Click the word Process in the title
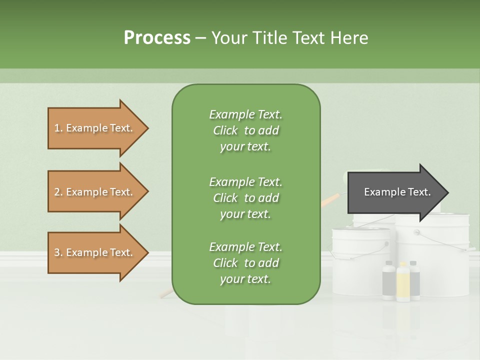click(x=157, y=38)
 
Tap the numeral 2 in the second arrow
click(x=57, y=192)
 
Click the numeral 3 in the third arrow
click(x=57, y=252)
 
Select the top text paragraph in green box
click(x=245, y=130)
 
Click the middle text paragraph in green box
click(x=245, y=197)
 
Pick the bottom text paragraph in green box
click(x=245, y=263)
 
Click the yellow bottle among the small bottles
click(x=403, y=282)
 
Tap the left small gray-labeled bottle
click(x=389, y=281)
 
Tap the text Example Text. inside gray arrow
click(x=397, y=192)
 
